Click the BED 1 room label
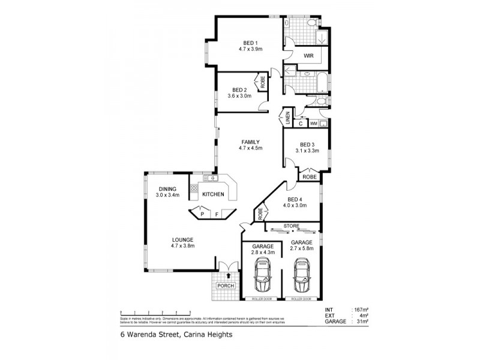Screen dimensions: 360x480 click(x=250, y=42)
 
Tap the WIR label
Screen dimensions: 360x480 click(x=310, y=55)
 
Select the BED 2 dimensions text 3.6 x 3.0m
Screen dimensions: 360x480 click(x=239, y=95)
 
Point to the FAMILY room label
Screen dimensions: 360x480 click(x=250, y=142)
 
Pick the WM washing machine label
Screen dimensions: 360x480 click(x=313, y=124)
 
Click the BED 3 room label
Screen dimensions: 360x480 click(x=307, y=144)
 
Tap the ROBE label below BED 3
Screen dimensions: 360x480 click(x=310, y=177)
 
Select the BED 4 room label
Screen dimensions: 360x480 click(x=294, y=199)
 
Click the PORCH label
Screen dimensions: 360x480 click(x=224, y=286)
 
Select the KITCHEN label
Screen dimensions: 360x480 click(x=213, y=194)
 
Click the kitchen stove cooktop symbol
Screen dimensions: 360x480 click(x=194, y=188)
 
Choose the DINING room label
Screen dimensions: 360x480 click(x=167, y=189)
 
